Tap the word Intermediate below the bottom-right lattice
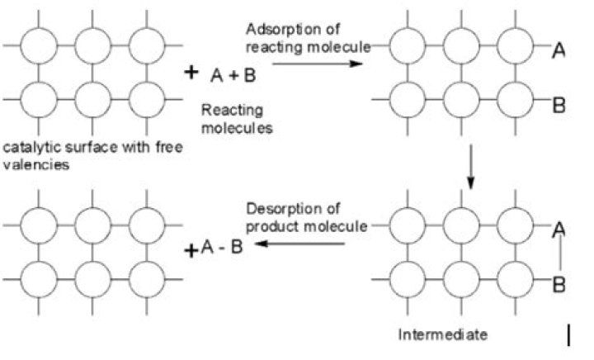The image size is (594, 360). [x=442, y=334]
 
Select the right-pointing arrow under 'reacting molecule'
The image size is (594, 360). [x=318, y=64]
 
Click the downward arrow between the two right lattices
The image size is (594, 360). [x=470, y=166]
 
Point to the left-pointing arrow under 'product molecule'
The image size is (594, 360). [x=299, y=244]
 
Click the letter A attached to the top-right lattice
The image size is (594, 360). [x=559, y=50]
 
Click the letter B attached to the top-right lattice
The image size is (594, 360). [x=559, y=105]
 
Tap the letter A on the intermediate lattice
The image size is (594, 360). [x=559, y=230]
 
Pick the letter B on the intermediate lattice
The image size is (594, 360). [x=559, y=284]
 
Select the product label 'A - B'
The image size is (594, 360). [x=222, y=248]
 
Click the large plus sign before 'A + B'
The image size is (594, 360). [x=191, y=72]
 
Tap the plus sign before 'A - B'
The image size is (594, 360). [x=191, y=250]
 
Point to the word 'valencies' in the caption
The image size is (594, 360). [x=36, y=165]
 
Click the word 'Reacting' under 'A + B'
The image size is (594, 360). [x=232, y=111]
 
